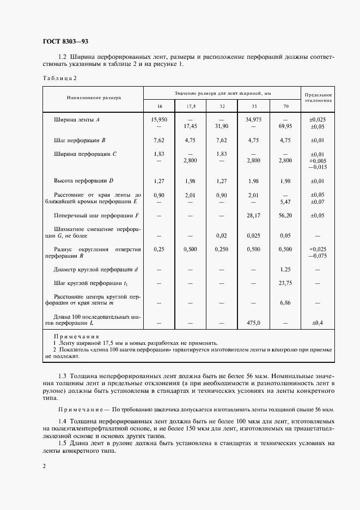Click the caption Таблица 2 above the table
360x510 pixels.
click(59, 78)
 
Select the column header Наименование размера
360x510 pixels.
click(94, 98)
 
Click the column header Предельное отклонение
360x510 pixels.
click(318, 98)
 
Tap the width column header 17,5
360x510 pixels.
click(191, 106)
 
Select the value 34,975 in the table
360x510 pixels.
click(254, 119)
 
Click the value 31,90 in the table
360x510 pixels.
click(222, 125)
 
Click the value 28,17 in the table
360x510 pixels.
click(254, 216)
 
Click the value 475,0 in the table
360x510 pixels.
click(254, 323)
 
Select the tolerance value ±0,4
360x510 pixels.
click(318, 323)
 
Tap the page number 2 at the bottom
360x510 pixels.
click(43, 466)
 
